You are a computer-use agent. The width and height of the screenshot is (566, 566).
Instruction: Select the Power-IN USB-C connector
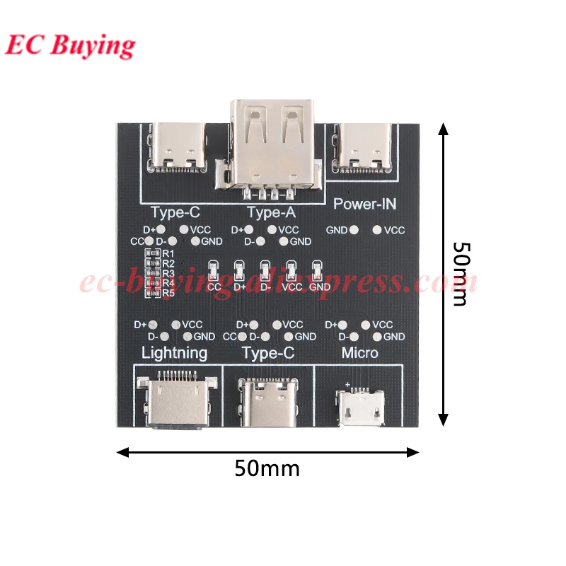[x=366, y=147]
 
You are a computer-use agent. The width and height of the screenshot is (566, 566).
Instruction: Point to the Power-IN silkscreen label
[x=364, y=204]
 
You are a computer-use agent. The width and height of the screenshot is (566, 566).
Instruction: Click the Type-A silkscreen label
[x=270, y=212]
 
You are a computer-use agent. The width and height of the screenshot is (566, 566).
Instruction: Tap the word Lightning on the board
[x=175, y=352]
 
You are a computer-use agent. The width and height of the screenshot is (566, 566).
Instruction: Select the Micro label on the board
[x=359, y=352]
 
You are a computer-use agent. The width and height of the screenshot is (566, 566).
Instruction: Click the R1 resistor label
[x=168, y=253]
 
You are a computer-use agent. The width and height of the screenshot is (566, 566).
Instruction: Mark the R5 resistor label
[x=168, y=293]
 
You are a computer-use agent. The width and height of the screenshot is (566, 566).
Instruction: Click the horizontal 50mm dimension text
[x=267, y=468]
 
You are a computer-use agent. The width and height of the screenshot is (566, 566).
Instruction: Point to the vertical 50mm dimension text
[x=461, y=274]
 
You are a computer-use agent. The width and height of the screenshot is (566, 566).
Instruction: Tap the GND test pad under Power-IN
[x=353, y=230]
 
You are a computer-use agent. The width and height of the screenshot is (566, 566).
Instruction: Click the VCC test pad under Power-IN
[x=377, y=230]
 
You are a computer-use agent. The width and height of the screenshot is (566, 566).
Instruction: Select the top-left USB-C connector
[x=177, y=147]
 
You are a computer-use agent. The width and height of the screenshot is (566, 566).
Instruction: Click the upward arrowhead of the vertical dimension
[x=444, y=128]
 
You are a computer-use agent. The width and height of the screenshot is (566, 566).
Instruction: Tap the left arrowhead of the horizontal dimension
[x=121, y=451]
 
